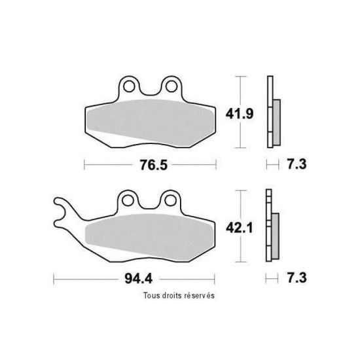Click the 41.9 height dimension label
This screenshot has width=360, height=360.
240,114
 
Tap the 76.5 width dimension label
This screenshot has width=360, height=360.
154,165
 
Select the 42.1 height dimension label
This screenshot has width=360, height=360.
239,228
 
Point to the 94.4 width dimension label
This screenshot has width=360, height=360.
139,279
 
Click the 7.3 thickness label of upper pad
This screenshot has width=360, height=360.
297,164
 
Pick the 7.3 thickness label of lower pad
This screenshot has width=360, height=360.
297,278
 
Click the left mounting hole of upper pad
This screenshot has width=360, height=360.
129,86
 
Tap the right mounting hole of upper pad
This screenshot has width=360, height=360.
171,86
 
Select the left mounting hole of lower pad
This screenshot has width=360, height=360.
128,200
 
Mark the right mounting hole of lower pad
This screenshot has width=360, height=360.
171,200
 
